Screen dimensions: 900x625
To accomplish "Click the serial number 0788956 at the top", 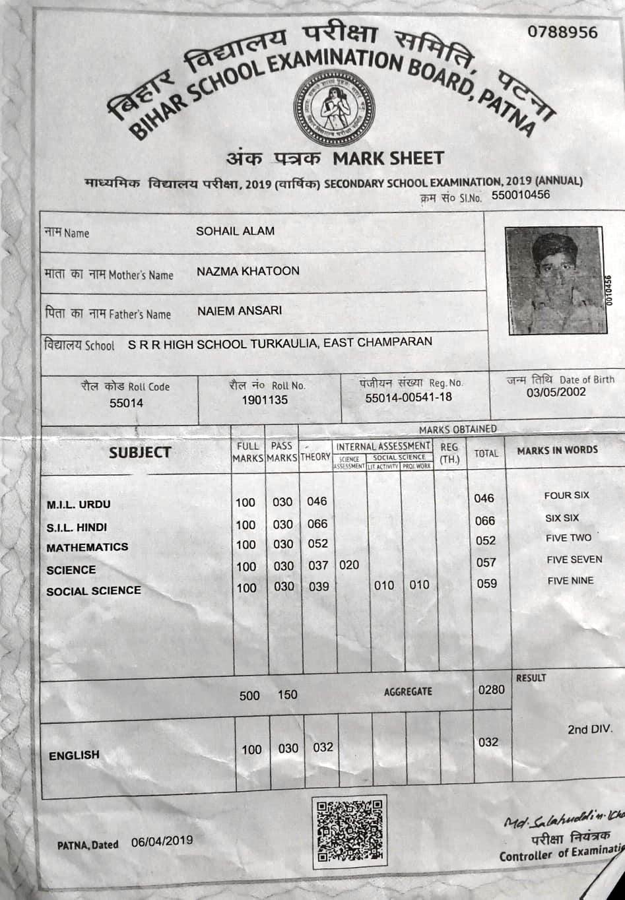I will [x=562, y=32].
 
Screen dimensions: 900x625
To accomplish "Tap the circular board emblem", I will [x=331, y=108].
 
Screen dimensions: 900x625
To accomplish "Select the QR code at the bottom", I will [x=349, y=831].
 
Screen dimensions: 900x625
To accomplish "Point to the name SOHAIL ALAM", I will [x=235, y=231].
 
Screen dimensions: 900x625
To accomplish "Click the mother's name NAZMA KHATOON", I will [x=247, y=271].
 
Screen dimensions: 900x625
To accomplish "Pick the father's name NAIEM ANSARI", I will [x=239, y=310].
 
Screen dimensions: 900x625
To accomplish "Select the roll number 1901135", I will [x=265, y=400].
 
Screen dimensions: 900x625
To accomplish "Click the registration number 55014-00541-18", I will [x=409, y=397].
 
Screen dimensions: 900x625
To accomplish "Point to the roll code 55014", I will [x=126, y=402].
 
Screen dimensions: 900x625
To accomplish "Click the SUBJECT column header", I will [x=140, y=453].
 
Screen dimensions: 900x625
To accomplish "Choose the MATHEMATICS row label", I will [x=87, y=547].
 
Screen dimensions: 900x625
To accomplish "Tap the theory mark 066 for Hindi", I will [x=317, y=524].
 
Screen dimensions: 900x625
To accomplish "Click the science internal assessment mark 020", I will [x=348, y=565].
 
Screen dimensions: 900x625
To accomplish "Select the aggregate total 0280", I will [x=491, y=690].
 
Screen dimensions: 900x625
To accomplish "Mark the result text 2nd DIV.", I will [x=589, y=730].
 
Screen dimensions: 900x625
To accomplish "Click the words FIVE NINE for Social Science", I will [x=570, y=581].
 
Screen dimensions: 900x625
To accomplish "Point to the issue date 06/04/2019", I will [x=162, y=841].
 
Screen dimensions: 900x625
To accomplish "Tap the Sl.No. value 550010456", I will [x=520, y=195].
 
